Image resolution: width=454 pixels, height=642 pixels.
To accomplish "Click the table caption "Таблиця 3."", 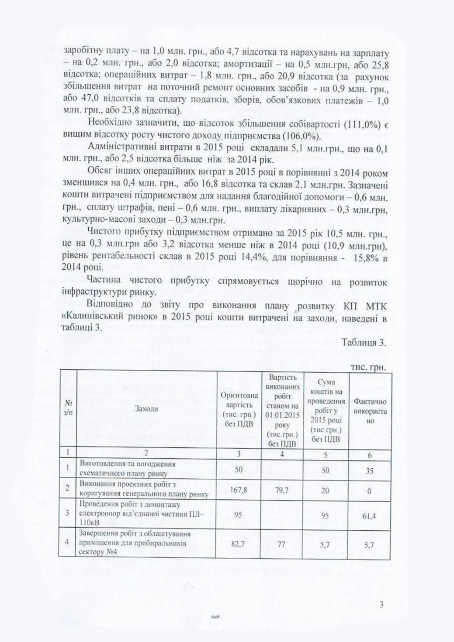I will pos(364,343).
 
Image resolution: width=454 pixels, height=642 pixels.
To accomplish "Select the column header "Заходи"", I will pos(146,409).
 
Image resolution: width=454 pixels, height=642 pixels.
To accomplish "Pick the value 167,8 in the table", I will pos(238,490).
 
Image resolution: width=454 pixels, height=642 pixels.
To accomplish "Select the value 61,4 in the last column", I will pos(369,516).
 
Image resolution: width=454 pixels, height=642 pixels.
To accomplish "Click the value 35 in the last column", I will pos(370,471).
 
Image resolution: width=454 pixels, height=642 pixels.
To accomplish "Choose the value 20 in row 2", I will pos(325,490).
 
